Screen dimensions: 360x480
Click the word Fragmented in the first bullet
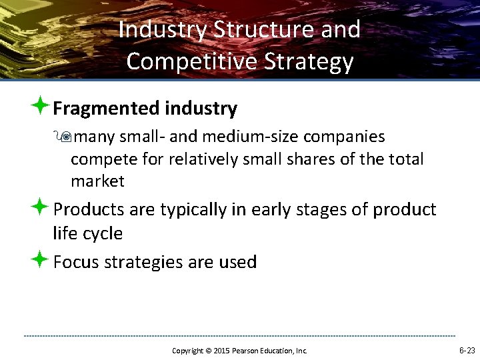click(104, 108)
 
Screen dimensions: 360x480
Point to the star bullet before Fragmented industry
click(41, 106)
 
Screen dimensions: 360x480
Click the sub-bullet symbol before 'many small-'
click(64, 137)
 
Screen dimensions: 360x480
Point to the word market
click(97, 181)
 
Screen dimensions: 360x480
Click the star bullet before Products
click(41, 207)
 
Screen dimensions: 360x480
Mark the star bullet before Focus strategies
click(41, 259)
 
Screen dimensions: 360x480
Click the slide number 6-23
click(467, 350)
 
